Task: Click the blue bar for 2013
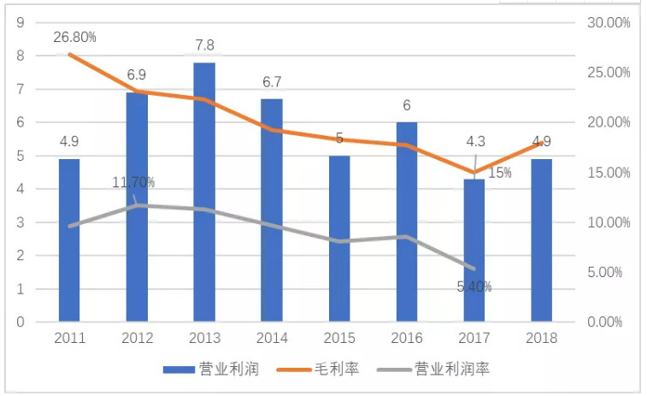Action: [x=203, y=192]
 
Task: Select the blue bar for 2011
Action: [x=69, y=240]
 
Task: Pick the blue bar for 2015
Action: [x=339, y=239]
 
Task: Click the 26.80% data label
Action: [x=74, y=37]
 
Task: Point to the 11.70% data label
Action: [x=133, y=182]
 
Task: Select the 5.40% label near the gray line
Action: [x=474, y=287]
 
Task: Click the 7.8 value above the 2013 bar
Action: [x=203, y=44]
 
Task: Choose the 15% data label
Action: [x=500, y=173]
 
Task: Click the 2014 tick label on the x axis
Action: [x=272, y=338]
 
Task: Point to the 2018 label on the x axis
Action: [x=541, y=338]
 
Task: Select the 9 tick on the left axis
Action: [x=18, y=22]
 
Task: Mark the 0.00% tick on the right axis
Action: [x=610, y=322]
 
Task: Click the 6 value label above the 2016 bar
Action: [x=407, y=105]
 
